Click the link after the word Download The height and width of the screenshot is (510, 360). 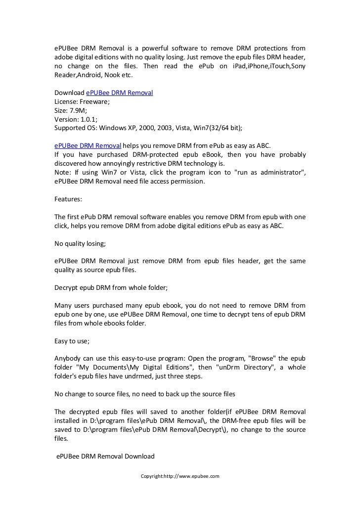(x=119, y=93)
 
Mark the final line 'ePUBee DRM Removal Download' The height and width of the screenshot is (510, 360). (x=105, y=457)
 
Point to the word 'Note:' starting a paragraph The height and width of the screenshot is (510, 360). (x=63, y=172)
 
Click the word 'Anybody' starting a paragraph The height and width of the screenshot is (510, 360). (x=68, y=358)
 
